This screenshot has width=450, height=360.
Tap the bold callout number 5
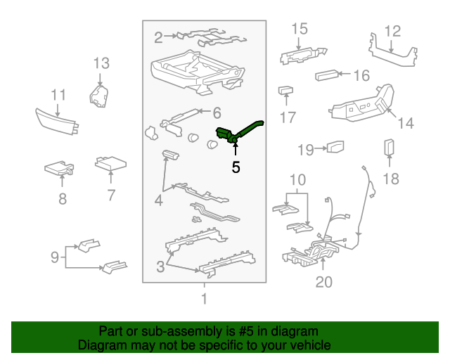(x=236, y=167)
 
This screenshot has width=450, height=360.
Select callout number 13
(x=101, y=63)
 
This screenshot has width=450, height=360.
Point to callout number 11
(x=58, y=95)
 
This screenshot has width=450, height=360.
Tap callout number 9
(x=54, y=257)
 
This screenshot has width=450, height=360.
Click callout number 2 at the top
(x=159, y=37)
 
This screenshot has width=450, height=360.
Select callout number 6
(x=217, y=112)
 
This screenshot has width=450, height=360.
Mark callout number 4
(x=159, y=200)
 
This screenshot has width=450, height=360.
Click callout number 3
(x=160, y=266)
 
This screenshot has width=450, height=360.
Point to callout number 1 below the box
(x=205, y=300)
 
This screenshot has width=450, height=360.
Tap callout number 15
(x=300, y=29)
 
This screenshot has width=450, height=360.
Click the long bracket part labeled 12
(x=390, y=56)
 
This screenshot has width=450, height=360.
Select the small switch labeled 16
(x=327, y=75)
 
